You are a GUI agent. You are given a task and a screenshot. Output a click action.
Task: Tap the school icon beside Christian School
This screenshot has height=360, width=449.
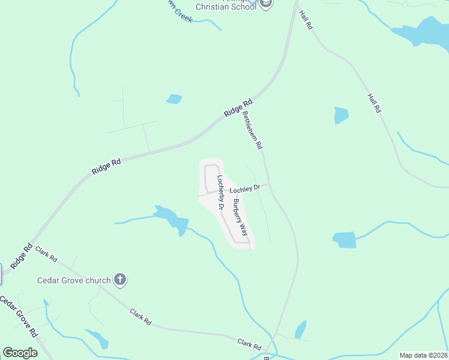point(267,4)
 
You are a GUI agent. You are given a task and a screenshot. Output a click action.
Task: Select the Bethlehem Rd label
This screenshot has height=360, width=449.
point(252,129)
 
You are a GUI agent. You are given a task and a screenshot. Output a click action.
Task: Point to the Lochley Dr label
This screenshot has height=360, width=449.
point(245,188)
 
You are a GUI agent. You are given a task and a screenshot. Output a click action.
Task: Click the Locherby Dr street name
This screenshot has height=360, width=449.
point(220,192)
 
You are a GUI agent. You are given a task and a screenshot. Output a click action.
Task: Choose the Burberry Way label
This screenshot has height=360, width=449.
point(241,216)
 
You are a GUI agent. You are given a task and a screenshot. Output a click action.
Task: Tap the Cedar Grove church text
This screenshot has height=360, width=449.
point(74,280)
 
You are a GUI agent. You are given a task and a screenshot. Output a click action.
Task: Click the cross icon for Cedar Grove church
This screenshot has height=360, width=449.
point(120,279)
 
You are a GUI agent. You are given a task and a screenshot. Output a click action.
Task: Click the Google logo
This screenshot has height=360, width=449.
point(20,353)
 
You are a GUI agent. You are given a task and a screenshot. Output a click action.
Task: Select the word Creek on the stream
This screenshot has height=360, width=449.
point(183,16)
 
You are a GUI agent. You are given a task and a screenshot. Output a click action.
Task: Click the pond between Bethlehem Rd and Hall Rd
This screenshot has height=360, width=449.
point(341,115)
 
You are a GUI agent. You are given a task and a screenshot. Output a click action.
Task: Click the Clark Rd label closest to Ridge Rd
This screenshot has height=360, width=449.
point(46,254)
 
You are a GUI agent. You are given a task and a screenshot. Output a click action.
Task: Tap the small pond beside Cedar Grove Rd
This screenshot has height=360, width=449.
point(98,339)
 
